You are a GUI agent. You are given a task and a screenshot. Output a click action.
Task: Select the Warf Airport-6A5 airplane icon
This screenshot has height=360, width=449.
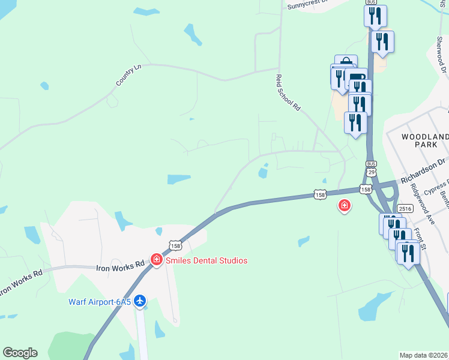[x=140, y=300]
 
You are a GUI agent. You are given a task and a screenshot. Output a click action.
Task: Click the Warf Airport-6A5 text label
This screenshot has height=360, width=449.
[x=99, y=302]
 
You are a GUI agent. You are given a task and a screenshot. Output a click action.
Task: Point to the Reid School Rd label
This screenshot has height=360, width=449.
[x=288, y=92]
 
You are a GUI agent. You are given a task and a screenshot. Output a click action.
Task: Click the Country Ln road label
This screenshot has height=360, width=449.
[x=127, y=75]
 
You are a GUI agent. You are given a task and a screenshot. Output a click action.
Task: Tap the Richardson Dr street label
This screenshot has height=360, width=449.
[x=425, y=170]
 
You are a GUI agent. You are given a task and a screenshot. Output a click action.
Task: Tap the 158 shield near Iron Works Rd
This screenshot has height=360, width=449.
[x=175, y=245]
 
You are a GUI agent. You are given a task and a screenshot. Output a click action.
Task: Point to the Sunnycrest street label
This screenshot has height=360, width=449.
[x=310, y=5]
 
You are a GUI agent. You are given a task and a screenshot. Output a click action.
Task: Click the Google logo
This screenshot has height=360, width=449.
[x=20, y=353]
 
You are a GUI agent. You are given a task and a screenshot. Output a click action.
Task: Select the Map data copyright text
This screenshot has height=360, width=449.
[x=424, y=355]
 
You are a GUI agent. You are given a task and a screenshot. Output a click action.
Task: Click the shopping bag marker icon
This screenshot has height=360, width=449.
[x=346, y=62]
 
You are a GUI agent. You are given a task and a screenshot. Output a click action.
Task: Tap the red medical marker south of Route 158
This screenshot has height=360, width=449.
[x=345, y=206]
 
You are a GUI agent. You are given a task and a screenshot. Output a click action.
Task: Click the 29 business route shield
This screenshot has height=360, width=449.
[x=371, y=169]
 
